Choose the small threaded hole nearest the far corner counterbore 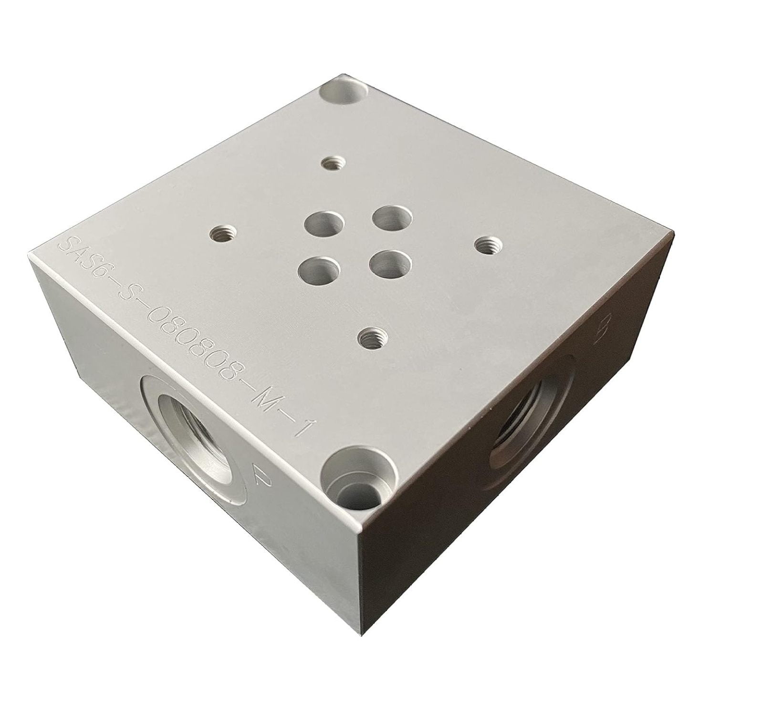330,164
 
